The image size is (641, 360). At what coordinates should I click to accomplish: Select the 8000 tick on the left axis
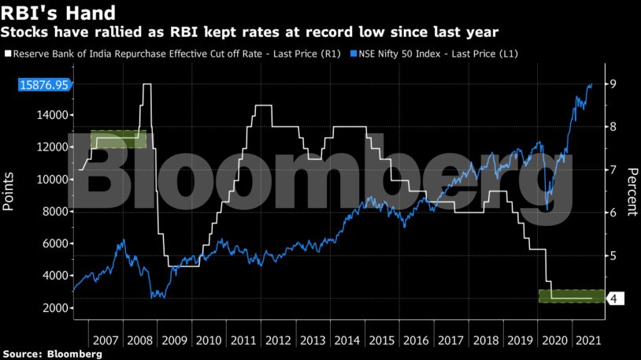coord(52,211)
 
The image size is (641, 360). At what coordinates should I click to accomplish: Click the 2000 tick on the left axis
coord(52,308)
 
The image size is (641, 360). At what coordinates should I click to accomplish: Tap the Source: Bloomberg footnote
coord(52,354)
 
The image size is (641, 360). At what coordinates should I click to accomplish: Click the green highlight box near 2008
coord(118,139)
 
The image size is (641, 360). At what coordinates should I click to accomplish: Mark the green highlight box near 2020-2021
coord(571,296)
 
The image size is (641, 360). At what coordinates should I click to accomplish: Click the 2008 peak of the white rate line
coord(146,84)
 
